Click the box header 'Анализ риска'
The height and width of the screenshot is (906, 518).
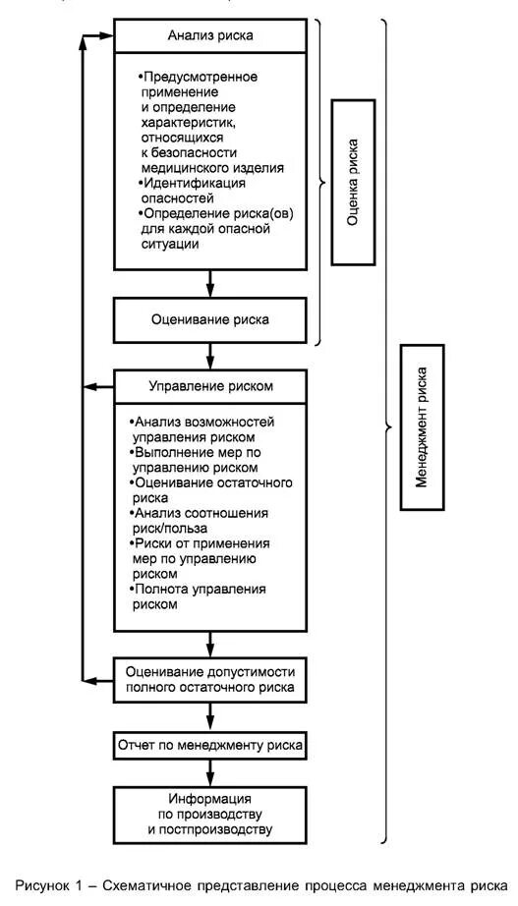point(210,34)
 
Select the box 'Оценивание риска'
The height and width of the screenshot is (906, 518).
point(210,319)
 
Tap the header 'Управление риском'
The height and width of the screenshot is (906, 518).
point(210,385)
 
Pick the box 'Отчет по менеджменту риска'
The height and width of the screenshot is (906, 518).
point(210,746)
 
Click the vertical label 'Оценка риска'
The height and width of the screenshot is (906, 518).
point(353,182)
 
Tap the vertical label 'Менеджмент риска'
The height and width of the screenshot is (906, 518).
point(422,426)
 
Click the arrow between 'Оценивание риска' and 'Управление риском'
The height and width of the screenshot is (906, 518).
point(210,355)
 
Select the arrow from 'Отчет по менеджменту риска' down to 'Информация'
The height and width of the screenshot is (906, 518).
point(210,772)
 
